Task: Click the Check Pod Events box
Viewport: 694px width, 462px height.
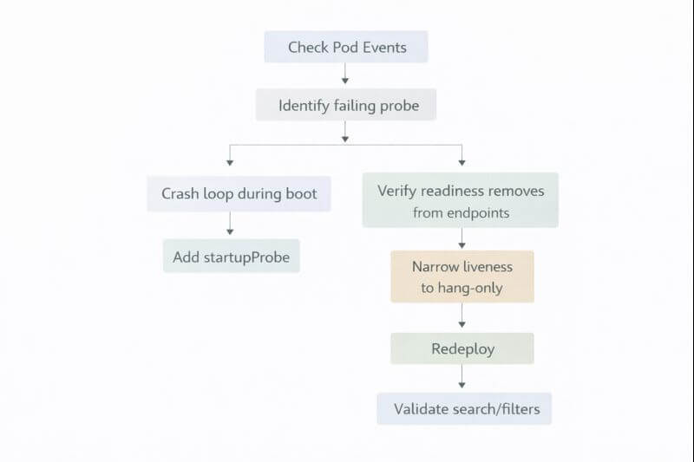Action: tap(345, 47)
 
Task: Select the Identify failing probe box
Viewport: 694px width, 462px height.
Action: tap(345, 106)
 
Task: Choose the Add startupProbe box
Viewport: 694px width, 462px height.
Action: tap(231, 257)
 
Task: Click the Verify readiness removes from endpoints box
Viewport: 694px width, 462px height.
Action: tap(460, 200)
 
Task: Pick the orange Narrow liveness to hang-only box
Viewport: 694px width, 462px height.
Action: tap(462, 277)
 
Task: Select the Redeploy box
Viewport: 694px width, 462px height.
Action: tap(462, 348)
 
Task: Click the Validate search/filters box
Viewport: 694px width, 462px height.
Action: tap(463, 408)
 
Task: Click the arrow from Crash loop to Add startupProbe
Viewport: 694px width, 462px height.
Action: tap(230, 224)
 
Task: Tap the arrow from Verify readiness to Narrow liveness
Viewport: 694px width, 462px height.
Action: tap(462, 238)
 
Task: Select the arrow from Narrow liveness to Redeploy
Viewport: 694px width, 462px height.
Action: tap(462, 316)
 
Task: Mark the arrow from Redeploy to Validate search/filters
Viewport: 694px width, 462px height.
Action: tap(462, 377)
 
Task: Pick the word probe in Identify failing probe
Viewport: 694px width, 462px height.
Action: tap(398, 106)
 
